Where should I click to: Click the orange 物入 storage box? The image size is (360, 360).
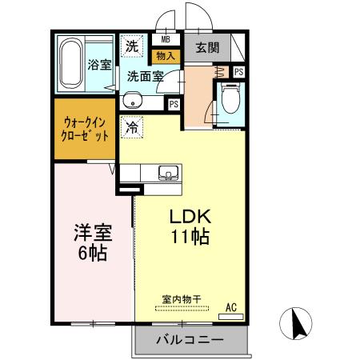pyautogui.click(x=166, y=56)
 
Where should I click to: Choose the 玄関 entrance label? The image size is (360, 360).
pyautogui.click(x=207, y=48)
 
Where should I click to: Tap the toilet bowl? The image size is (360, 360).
pyautogui.click(x=230, y=101)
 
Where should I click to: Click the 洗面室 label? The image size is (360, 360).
pyautogui.click(x=146, y=77)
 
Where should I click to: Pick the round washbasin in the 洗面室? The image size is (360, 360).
pyautogui.click(x=134, y=101)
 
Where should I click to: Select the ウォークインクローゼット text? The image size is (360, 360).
pyautogui.click(x=86, y=129)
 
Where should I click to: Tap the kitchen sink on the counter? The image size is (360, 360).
pyautogui.click(x=170, y=173)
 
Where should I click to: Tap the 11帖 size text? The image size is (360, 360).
pyautogui.click(x=189, y=238)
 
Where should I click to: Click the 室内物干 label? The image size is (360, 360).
pyautogui.click(x=182, y=298)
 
